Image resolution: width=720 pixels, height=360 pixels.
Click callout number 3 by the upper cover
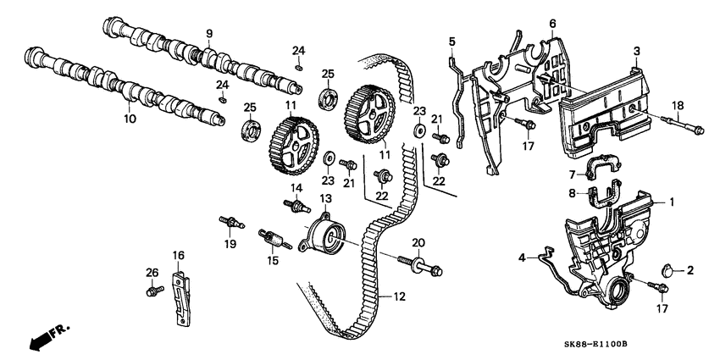pos(635,53)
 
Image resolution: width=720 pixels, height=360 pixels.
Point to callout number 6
pos(551,23)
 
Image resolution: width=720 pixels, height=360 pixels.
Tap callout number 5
pos(451,41)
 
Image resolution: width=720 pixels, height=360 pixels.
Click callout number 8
pos(572,193)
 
